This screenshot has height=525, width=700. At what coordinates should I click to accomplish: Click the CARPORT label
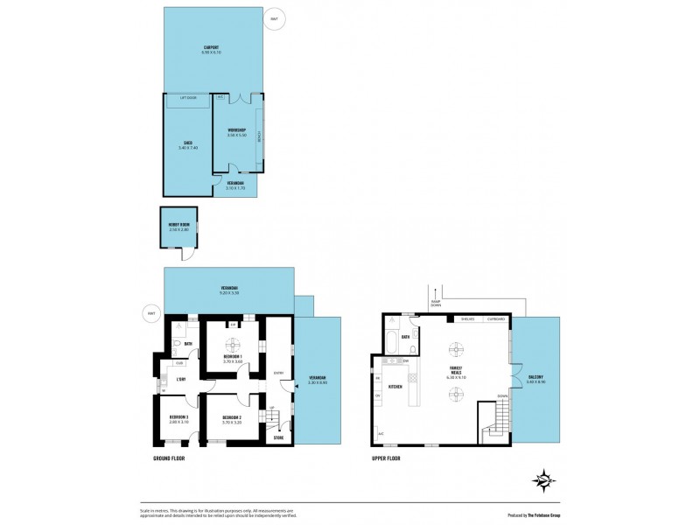[x=211, y=47]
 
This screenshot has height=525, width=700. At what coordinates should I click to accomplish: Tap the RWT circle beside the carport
[x=275, y=18]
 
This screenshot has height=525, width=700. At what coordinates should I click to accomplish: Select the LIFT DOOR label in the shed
[x=188, y=98]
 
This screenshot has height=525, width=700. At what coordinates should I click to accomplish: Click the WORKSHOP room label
[x=236, y=130]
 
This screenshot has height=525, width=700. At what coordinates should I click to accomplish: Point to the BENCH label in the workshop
[x=260, y=136]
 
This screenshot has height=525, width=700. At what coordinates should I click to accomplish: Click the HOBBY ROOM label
[x=178, y=224]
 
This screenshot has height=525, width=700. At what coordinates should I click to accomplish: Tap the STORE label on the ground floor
[x=278, y=437]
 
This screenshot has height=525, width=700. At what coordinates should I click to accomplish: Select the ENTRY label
[x=279, y=372]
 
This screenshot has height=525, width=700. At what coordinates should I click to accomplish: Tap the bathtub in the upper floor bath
[x=391, y=352]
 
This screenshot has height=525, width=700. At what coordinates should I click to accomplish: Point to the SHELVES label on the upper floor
[x=468, y=319]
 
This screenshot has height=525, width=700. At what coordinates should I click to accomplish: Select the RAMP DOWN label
[x=435, y=303]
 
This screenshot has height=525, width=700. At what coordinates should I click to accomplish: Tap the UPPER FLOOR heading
[x=385, y=458]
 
